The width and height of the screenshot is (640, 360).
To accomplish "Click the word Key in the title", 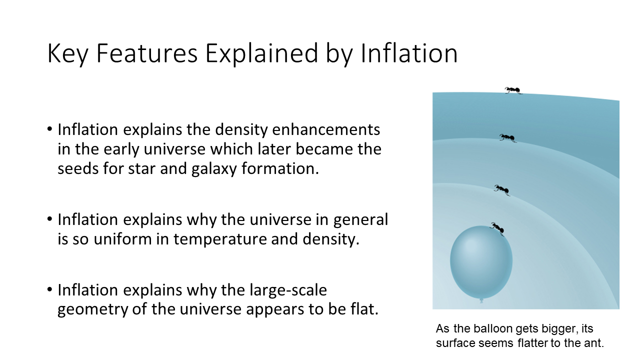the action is (67, 53).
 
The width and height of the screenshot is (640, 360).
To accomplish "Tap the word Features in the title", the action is (147, 53).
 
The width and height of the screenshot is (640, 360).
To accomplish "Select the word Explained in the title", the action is (261, 53).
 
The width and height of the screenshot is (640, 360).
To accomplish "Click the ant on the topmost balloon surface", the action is (513, 90).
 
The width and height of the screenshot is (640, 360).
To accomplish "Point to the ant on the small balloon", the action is (497, 228).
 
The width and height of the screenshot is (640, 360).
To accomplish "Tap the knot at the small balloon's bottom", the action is (481, 300).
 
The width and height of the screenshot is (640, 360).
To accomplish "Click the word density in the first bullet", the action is (241, 130).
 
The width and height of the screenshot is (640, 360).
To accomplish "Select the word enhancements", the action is (326, 129).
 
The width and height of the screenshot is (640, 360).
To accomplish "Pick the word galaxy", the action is (214, 169).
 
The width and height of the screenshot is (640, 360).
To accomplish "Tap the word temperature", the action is (220, 239).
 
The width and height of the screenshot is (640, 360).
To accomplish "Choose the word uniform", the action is (122, 239).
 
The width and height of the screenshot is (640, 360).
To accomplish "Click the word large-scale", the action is (288, 290).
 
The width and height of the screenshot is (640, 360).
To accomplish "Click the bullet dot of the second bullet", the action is (49, 219).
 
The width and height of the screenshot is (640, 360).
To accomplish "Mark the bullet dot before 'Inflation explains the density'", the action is (49, 129).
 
